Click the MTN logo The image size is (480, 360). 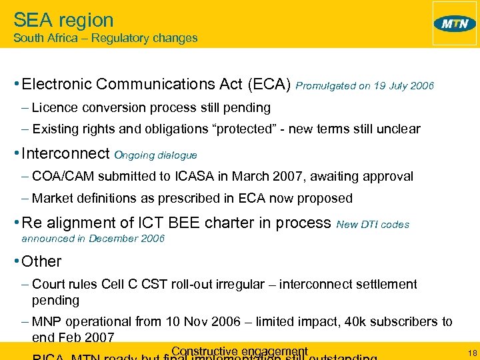[455, 24]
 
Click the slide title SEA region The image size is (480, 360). [63, 20]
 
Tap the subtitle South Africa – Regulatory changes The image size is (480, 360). [105, 38]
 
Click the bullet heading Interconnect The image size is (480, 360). [65, 154]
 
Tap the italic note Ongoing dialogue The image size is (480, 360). [156, 155]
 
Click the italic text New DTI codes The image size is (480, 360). [373, 225]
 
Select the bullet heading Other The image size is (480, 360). [41, 261]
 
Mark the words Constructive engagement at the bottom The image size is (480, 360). [239, 351]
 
